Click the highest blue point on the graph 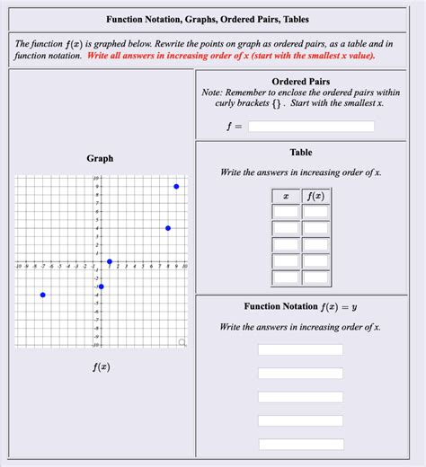(176, 186)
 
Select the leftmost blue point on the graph (43, 295)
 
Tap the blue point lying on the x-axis (110, 261)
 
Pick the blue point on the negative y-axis (102, 286)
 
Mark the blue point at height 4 (168, 228)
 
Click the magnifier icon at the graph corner (182, 342)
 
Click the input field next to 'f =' (311, 127)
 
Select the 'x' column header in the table (286, 196)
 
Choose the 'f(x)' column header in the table (315, 196)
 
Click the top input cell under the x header (286, 212)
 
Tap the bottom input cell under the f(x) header (315, 277)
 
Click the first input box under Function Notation (300, 349)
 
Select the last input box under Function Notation (300, 444)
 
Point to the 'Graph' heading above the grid (100, 159)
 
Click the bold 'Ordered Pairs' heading (300, 82)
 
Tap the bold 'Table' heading (301, 153)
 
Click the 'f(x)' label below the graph (101, 367)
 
